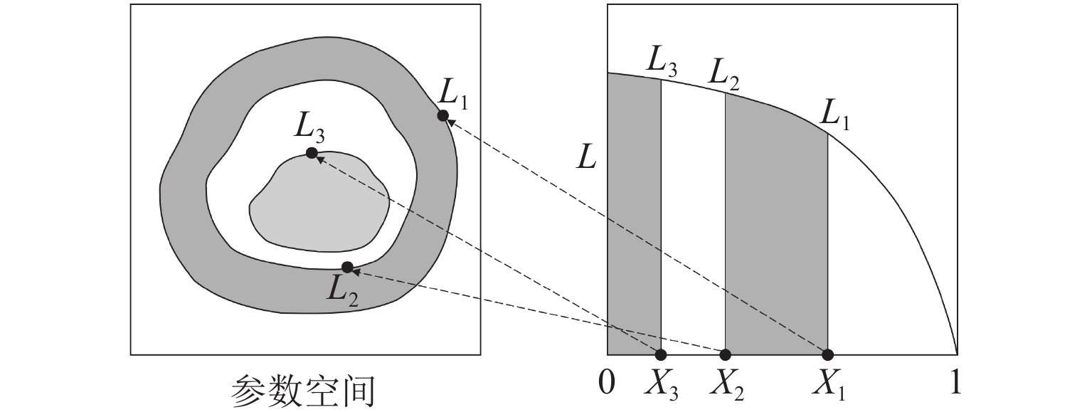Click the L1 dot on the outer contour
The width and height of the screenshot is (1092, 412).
(442, 115)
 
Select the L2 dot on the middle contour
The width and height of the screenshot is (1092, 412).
(347, 267)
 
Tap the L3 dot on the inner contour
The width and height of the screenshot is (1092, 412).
(312, 152)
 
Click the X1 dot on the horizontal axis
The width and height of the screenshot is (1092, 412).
(828, 354)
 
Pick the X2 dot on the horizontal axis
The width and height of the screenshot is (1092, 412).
(726, 354)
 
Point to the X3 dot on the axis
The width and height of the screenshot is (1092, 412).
(661, 354)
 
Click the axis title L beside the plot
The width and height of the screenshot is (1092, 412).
(586, 159)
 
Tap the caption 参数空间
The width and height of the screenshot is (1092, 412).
(304, 390)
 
